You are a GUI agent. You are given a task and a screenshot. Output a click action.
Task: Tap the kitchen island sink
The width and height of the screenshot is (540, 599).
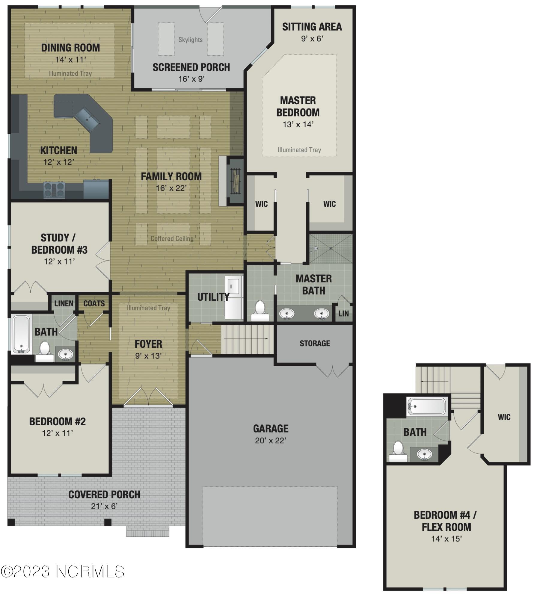point(87,119)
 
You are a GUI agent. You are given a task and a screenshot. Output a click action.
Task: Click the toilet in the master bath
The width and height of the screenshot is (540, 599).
point(260,311)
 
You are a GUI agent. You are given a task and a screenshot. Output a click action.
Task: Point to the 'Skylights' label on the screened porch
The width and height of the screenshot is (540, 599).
point(190,40)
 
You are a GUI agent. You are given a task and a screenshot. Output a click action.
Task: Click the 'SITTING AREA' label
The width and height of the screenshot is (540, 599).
point(312,27)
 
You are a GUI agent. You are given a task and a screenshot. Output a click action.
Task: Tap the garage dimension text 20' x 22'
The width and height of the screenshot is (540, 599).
point(271,441)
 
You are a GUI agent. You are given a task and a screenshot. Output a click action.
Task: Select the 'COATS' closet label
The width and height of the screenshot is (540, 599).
point(94,303)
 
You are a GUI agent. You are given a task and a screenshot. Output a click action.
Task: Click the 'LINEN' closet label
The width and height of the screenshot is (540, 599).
point(64,303)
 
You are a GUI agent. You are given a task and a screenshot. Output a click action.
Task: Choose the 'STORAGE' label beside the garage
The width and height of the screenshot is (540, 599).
point(315,344)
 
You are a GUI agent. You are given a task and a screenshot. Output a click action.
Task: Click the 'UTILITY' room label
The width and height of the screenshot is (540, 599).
point(213,297)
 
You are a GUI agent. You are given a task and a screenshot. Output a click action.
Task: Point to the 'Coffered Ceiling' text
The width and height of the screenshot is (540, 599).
point(172,239)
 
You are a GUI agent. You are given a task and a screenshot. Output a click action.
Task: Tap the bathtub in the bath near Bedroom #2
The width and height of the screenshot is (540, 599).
point(21,334)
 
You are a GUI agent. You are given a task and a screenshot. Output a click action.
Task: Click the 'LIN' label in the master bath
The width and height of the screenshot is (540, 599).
point(343,314)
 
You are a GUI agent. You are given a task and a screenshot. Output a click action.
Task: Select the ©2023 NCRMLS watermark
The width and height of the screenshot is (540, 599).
point(62,571)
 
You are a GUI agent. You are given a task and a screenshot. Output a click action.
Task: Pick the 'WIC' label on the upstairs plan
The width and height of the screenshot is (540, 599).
point(504,417)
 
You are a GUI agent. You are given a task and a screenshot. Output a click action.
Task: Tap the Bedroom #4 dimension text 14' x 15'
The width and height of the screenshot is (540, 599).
point(446,539)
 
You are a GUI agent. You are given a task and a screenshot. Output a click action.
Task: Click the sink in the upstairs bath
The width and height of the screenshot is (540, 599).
point(424,454)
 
